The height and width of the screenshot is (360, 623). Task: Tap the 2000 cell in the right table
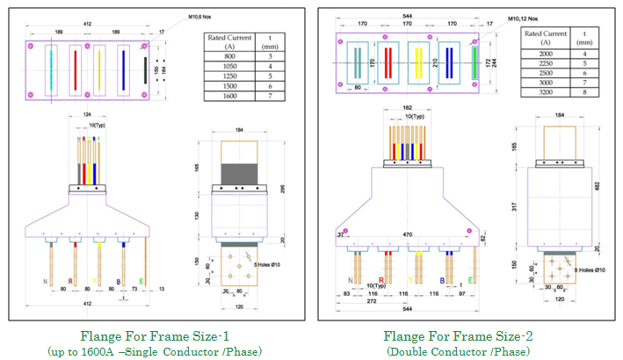[x=545, y=54]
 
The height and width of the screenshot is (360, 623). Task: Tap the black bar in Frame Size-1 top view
[x=147, y=70]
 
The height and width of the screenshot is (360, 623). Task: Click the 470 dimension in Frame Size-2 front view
[x=407, y=235]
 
